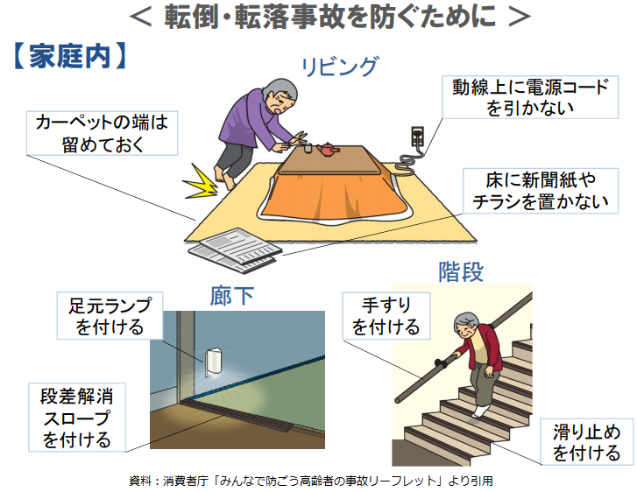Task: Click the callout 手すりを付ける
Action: (386, 316)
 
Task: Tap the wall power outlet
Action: (417, 137)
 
